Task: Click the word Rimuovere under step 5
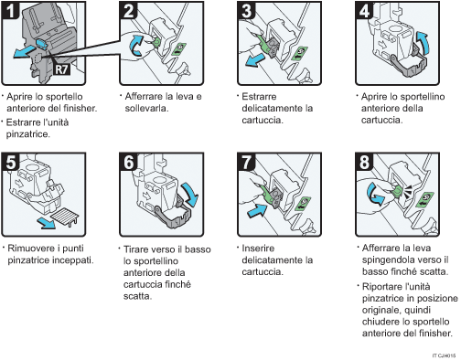click(29, 248)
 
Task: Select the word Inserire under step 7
click(259, 248)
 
